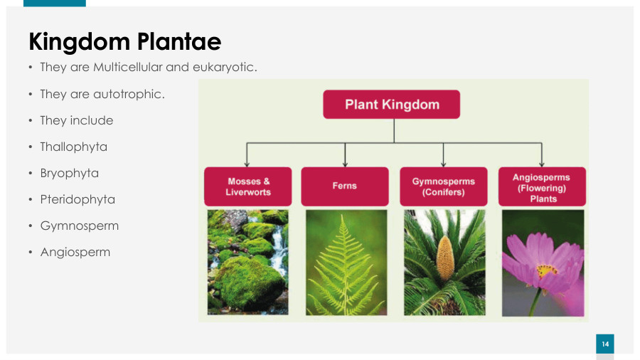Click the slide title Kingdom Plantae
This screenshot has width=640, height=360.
125,42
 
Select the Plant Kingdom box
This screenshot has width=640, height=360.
391,105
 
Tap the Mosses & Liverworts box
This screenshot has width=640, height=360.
247,186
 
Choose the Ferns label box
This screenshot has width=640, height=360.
345,186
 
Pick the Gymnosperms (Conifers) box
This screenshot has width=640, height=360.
443,186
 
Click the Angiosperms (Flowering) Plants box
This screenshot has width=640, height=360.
542,186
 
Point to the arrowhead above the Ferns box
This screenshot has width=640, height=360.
345,164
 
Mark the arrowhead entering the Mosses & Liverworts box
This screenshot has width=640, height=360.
247,164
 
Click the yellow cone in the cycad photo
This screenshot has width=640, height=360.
445,259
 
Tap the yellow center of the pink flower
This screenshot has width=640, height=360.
546,270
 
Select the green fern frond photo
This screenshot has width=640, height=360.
346,263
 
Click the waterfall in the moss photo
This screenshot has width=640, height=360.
279,249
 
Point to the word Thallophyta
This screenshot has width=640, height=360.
73,147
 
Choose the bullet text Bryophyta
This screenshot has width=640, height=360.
70,174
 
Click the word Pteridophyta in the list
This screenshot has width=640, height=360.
78,200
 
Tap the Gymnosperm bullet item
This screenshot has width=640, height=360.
79,226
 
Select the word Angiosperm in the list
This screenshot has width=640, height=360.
75,253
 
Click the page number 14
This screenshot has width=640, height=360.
605,344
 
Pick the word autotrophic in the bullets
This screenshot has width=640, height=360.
129,95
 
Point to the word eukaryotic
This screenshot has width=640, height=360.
225,68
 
